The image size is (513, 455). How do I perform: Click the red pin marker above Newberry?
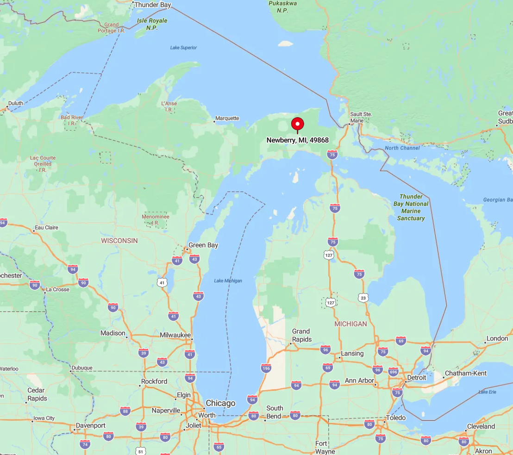coord(297,124)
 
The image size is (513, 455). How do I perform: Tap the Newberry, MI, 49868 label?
coord(297,140)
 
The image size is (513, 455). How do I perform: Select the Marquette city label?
coord(227,118)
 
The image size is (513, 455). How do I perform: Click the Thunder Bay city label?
coord(152,5)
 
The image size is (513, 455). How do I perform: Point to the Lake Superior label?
coord(183,48)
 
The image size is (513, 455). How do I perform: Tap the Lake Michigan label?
coord(228,281)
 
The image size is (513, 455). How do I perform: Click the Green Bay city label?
coord(203,245)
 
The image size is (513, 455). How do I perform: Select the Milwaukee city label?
coord(175,335)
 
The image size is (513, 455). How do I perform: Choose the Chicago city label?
coord(220,403)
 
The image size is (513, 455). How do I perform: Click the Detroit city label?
coord(416,378)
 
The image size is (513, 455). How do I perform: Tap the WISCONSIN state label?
coord(119,241)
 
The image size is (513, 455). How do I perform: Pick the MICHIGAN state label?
coord(350,324)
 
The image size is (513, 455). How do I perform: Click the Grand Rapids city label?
coord(301,335)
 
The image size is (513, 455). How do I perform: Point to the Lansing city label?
coord(352,354)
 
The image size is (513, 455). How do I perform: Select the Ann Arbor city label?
coord(359,380)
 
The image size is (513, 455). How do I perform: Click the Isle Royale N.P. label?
coord(152,24)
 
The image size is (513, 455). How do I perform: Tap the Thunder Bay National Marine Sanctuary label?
coord(411,207)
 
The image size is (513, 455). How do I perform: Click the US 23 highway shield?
coord(363,298)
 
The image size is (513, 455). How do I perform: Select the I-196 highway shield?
coord(266,368)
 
